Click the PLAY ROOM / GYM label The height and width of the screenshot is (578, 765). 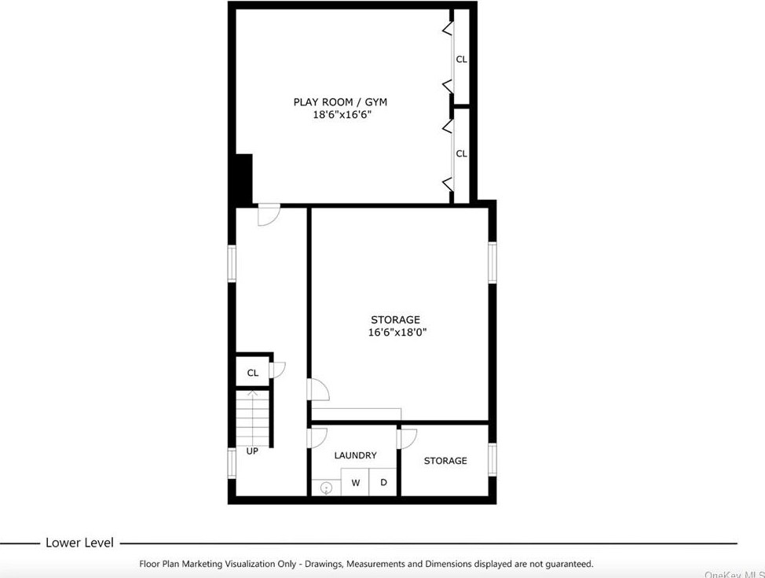(x=340, y=101)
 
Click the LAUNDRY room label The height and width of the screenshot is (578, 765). (x=355, y=455)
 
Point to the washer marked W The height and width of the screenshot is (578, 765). (x=356, y=483)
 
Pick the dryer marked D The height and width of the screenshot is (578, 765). (x=383, y=483)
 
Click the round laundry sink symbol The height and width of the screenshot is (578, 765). (x=327, y=488)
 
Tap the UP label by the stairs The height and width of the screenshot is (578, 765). (x=252, y=451)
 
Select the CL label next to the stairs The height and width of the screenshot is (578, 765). (x=252, y=373)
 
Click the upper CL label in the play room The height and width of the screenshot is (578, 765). (x=462, y=59)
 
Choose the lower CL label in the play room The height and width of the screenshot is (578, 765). (x=462, y=153)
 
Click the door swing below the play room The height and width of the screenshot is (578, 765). (x=269, y=215)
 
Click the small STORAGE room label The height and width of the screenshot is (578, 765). (x=445, y=461)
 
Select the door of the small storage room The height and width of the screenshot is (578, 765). (x=408, y=438)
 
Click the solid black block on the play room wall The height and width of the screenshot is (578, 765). (x=243, y=179)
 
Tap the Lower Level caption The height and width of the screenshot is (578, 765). (x=79, y=543)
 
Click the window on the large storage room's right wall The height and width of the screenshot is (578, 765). (x=492, y=262)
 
